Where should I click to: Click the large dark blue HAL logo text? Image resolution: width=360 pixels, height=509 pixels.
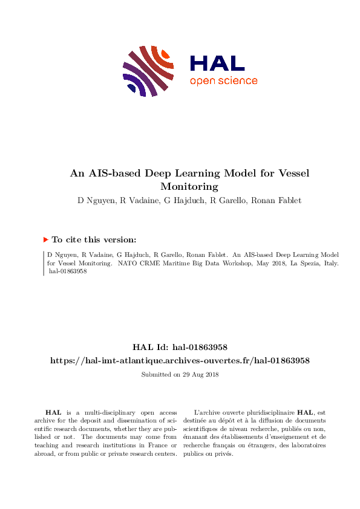click(217, 63)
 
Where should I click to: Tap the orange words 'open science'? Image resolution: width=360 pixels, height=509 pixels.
click(223, 81)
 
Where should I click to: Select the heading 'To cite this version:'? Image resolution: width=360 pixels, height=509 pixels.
click(94, 239)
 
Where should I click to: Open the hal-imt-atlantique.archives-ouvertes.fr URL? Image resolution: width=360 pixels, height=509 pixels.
click(180, 360)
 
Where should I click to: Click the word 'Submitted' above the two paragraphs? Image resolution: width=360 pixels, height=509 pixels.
click(155, 374)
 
